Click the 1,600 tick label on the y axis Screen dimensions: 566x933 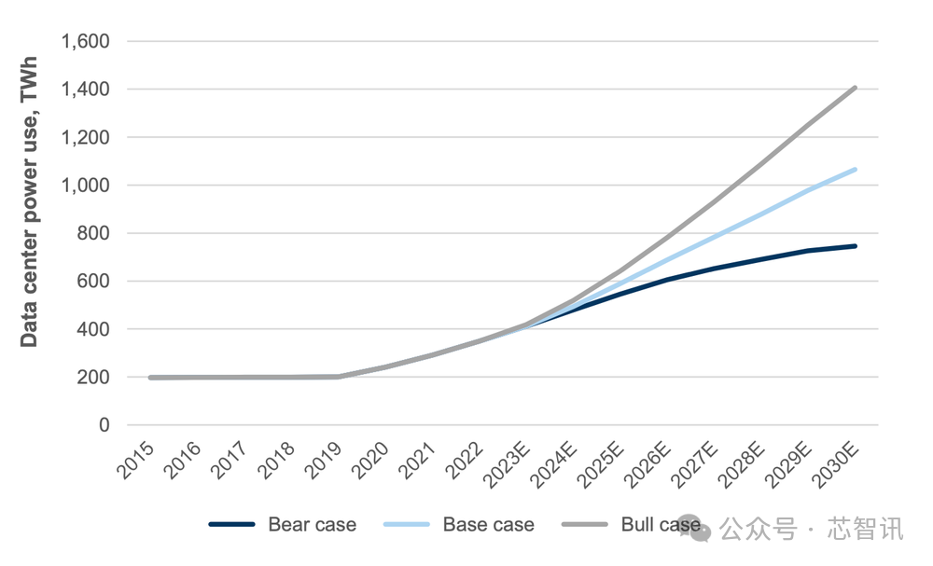86,42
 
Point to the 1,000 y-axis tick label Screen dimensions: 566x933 86,186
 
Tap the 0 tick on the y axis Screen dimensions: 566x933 104,425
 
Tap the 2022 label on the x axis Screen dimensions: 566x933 466,460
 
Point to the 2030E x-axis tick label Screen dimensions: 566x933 837,463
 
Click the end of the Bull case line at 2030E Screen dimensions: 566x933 855,88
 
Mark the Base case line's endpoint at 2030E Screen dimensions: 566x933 855,170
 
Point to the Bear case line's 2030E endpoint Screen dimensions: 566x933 855,246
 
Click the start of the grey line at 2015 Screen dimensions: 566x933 151,378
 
